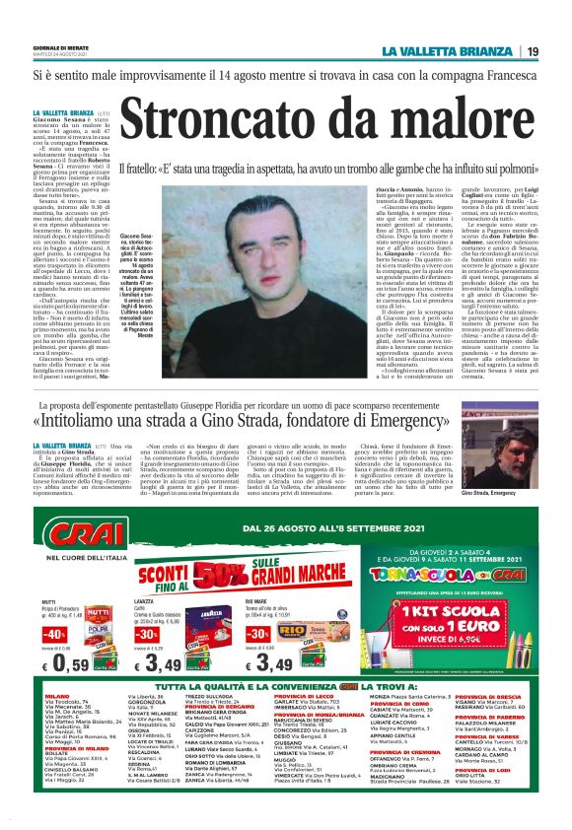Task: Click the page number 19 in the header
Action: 532,51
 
